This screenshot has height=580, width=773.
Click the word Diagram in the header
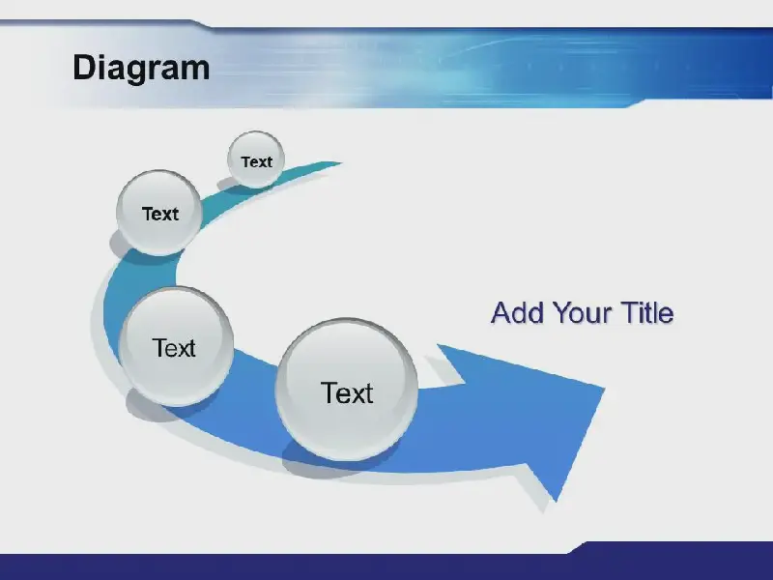tap(141, 68)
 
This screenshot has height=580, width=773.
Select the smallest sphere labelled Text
tap(256, 159)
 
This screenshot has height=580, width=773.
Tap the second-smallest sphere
tap(159, 213)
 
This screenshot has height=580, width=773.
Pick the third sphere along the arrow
tap(176, 346)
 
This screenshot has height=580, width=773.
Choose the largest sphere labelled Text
tap(347, 390)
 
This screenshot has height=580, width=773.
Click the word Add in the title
tap(518, 312)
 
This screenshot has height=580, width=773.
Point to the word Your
tap(584, 312)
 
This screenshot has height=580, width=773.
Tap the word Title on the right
tap(647, 312)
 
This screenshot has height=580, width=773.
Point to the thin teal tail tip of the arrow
tap(340, 162)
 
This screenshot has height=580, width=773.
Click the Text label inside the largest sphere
tap(347, 393)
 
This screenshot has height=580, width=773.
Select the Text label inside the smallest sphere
tap(256, 161)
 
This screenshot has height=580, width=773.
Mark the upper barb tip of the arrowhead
tap(438, 345)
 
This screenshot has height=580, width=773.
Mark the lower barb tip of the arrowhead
tap(557, 502)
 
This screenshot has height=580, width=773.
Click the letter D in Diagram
tap(84, 68)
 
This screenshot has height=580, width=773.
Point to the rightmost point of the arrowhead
tap(605, 389)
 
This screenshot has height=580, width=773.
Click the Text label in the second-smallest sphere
tap(160, 214)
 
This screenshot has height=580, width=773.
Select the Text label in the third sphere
tap(174, 348)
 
